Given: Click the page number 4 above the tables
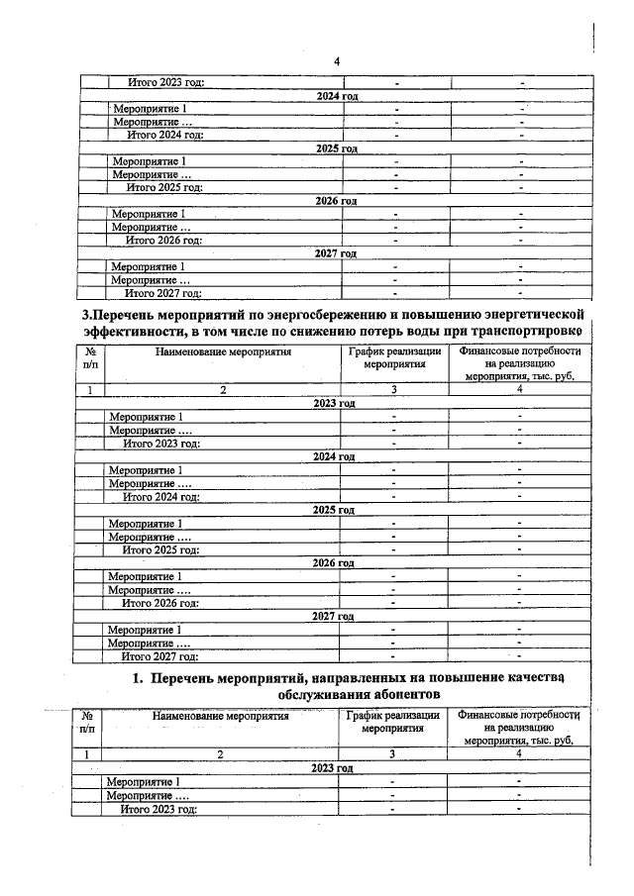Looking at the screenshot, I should [x=337, y=61].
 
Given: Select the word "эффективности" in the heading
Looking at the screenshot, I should [x=129, y=332].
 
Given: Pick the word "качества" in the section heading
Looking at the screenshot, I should [x=533, y=678].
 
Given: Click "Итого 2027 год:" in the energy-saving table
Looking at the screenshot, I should [x=159, y=655].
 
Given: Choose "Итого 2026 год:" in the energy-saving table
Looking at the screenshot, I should [x=159, y=602].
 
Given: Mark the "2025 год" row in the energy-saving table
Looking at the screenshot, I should [x=333, y=509].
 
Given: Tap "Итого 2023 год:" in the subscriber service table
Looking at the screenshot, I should [x=158, y=809].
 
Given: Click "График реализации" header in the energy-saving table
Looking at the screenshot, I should [x=393, y=351].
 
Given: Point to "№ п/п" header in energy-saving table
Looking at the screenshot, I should [x=89, y=358].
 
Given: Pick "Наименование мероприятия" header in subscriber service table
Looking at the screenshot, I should [x=221, y=714].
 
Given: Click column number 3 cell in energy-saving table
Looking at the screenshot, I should [x=393, y=390].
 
